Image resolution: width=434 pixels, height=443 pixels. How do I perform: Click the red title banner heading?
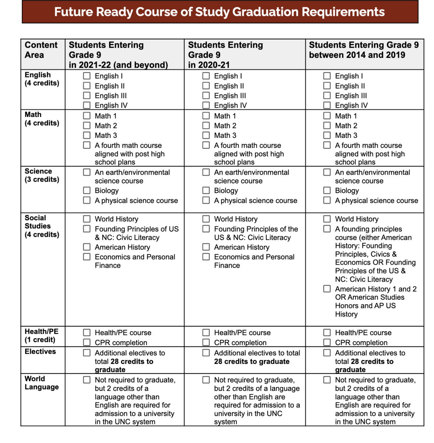point(220,12)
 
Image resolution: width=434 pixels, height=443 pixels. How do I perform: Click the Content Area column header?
point(41,50)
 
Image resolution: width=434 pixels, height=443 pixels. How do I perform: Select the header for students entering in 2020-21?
point(225,55)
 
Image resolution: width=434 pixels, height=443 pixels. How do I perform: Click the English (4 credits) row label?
point(42,79)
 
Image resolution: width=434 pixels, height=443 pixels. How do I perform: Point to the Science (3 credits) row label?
point(42,175)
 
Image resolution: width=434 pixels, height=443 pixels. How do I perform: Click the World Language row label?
point(41,383)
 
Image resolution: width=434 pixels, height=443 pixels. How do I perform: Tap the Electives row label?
point(40,351)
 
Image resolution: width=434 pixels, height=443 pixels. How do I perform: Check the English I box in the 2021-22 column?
point(87,76)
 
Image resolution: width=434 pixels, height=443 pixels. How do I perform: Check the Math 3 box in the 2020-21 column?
point(206,135)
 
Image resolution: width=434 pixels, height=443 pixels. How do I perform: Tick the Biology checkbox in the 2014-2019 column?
point(327,190)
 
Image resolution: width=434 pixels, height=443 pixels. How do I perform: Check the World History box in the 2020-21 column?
point(206,219)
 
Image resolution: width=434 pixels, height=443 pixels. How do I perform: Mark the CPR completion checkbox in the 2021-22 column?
point(87,342)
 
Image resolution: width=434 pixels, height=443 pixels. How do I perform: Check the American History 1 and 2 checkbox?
point(327,289)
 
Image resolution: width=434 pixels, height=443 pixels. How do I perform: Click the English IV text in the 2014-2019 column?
point(351,105)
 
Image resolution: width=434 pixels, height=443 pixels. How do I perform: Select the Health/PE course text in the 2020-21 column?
point(242,333)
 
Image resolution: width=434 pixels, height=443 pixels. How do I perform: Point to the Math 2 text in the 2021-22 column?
point(106,126)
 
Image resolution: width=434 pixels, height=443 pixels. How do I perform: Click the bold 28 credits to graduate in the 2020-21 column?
point(251,362)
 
